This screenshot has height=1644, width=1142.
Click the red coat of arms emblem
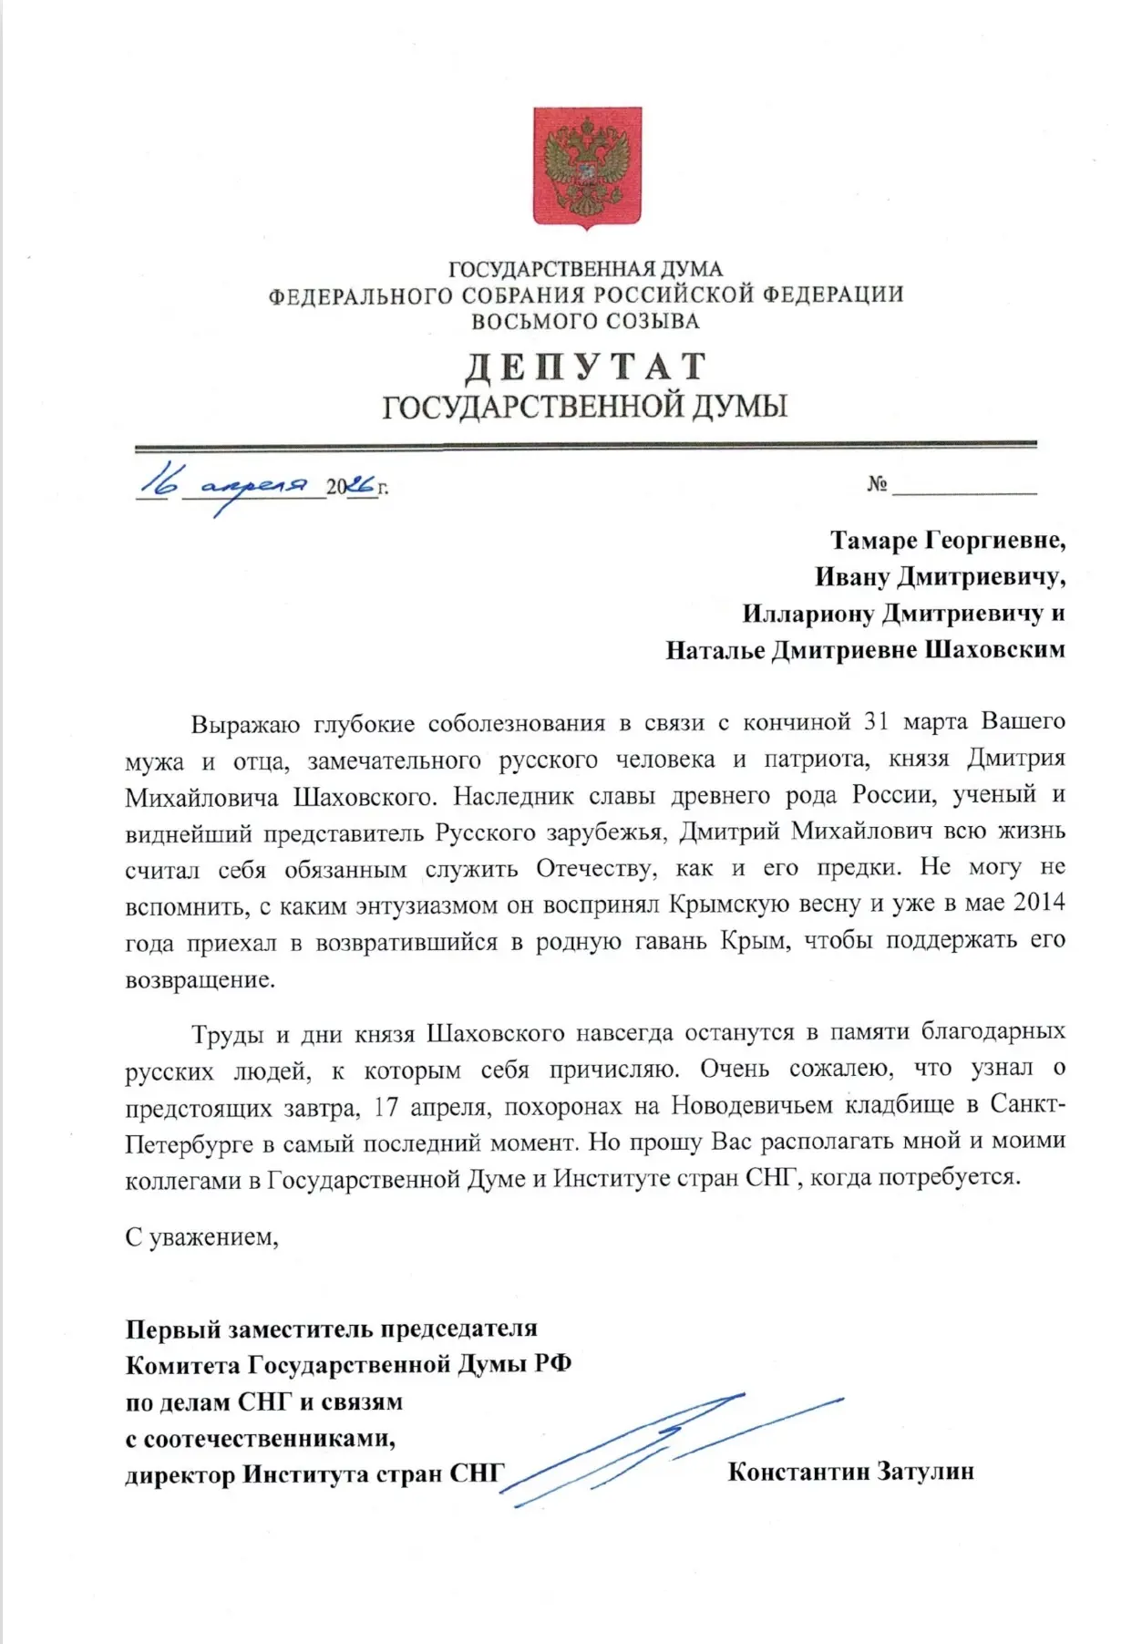click(587, 167)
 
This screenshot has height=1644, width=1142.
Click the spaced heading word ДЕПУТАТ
click(586, 367)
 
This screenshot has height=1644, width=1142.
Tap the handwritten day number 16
click(160, 481)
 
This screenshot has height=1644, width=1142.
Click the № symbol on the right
click(877, 484)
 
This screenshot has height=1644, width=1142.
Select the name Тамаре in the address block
click(873, 541)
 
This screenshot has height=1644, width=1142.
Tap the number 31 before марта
click(876, 721)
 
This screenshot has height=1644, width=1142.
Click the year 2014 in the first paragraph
click(1039, 903)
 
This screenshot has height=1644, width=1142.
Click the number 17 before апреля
click(386, 1107)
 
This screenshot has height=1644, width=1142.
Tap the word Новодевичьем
click(752, 1106)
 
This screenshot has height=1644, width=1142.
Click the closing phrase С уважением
click(201, 1237)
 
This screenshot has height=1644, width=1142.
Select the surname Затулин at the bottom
click(925, 1472)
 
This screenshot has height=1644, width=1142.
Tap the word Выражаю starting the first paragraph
click(245, 724)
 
